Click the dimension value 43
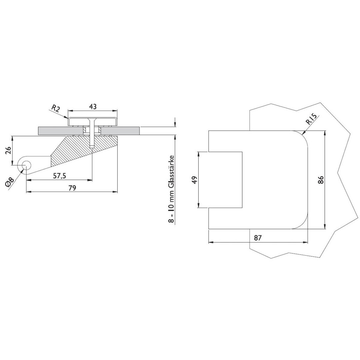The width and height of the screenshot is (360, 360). click(93, 107)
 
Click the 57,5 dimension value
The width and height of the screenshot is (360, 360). click(59, 176)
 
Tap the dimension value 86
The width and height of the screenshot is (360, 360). click(321, 180)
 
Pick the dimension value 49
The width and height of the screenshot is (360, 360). click(194, 180)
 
